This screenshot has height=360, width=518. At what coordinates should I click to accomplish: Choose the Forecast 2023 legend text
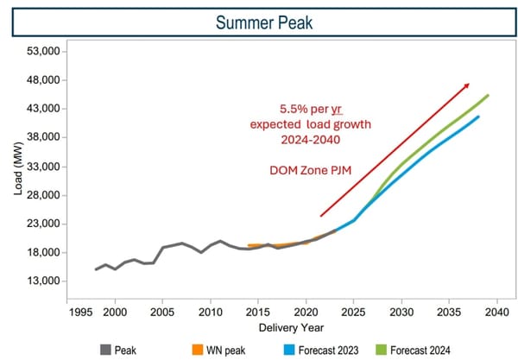(338, 350)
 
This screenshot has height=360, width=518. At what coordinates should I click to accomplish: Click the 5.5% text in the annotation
(296, 110)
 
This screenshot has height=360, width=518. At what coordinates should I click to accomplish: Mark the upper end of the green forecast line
(488, 96)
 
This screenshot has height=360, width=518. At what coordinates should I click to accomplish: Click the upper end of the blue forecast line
(478, 117)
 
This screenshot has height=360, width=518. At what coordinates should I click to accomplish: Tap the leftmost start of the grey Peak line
(96, 269)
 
